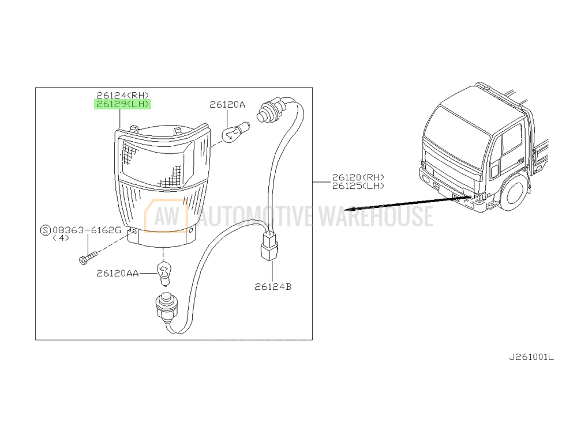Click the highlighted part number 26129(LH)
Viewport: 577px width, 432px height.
[122, 104]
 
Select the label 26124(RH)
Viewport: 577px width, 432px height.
[122, 96]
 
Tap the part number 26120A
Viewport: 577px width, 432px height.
[227, 105]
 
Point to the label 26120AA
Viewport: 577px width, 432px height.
[117, 273]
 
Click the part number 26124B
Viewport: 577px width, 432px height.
[273, 286]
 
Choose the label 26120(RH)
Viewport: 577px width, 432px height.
[358, 177]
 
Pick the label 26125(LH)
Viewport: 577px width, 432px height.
[358, 186]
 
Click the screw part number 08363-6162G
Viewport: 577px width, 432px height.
[87, 230]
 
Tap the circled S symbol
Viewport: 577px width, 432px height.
[45, 230]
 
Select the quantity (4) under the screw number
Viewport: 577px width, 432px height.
[61, 238]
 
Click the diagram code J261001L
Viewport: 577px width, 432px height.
[531, 357]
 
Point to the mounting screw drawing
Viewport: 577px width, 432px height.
[88, 257]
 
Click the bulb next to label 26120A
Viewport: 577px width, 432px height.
[236, 132]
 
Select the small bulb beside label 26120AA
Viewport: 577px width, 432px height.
[164, 273]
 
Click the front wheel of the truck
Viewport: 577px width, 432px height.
[514, 192]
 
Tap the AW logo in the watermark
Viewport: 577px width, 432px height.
[166, 216]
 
